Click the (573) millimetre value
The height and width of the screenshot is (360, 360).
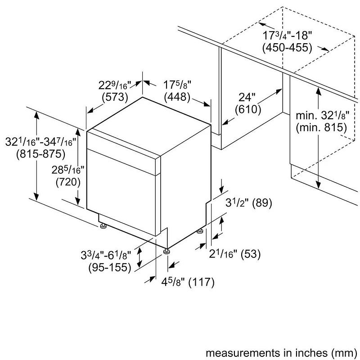[x=115, y=97]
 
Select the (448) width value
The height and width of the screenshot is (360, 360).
[x=177, y=97]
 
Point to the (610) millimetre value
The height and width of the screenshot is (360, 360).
[x=248, y=109]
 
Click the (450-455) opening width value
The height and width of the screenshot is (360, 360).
[x=287, y=48]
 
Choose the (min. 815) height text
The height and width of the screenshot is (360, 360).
[x=321, y=127]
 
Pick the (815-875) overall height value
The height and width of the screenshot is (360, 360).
[x=40, y=154]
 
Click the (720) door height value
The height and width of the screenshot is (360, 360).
[x=68, y=182]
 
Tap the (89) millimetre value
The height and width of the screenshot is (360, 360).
[x=262, y=203]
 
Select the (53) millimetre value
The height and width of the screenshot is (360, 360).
[x=251, y=254]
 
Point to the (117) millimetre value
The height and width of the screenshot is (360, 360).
[x=201, y=282]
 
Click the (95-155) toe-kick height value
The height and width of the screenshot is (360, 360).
[x=110, y=267]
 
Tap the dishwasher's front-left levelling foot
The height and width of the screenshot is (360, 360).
[x=103, y=226]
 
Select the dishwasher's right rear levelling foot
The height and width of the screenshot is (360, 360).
[x=200, y=231]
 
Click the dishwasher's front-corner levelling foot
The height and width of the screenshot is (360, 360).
[x=166, y=252]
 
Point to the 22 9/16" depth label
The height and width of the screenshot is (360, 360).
[x=115, y=85]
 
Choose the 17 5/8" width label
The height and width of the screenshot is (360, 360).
[x=177, y=85]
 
